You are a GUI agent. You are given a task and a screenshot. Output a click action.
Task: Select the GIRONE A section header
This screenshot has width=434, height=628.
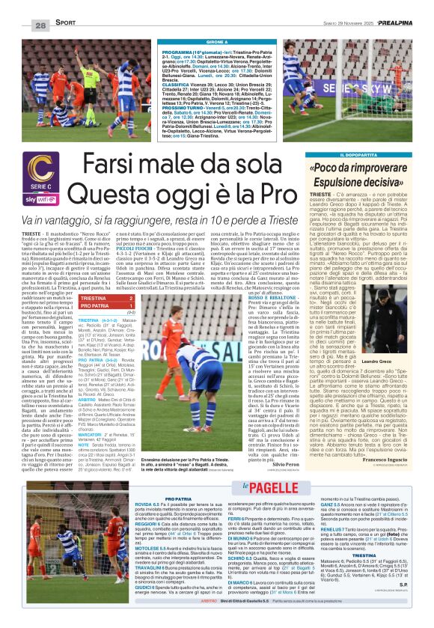pyautogui.click(x=217, y=43)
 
